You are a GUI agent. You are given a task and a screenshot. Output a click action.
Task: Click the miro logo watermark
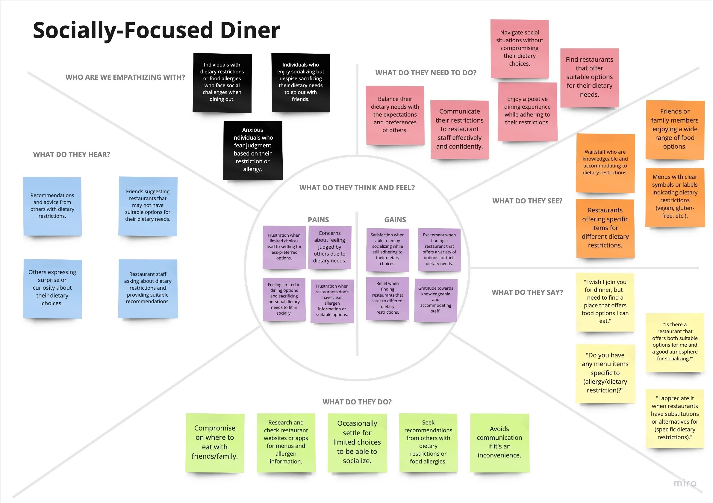(685, 483)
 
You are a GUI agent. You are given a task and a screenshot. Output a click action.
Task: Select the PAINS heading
(318, 220)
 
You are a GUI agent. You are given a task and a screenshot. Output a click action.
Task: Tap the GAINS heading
(395, 220)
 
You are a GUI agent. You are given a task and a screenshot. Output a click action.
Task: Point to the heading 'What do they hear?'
(72, 155)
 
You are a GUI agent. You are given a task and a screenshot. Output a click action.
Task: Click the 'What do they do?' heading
(357, 402)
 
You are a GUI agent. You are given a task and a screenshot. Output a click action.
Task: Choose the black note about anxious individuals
(253, 150)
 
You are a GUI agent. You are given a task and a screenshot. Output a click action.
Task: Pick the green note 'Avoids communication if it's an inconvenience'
(499, 442)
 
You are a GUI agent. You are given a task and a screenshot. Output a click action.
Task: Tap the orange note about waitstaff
(605, 163)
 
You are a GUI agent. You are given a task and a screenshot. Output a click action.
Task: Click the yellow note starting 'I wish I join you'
(605, 302)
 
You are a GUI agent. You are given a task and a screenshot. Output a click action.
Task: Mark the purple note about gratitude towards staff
(436, 300)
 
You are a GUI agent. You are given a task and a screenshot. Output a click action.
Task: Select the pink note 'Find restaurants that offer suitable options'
(589, 77)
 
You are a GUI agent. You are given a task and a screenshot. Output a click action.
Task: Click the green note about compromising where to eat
(215, 442)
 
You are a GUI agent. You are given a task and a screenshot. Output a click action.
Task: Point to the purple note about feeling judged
(329, 247)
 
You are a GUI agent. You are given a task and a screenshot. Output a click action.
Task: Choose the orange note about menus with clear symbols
(675, 197)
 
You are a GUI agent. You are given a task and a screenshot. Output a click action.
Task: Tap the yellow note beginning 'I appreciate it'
(675, 418)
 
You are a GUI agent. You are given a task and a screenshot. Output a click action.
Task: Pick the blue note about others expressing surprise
(52, 288)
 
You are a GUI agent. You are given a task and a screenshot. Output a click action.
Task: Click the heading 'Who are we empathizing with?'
(125, 77)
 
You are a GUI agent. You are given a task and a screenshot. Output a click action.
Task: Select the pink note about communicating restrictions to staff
(460, 129)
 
